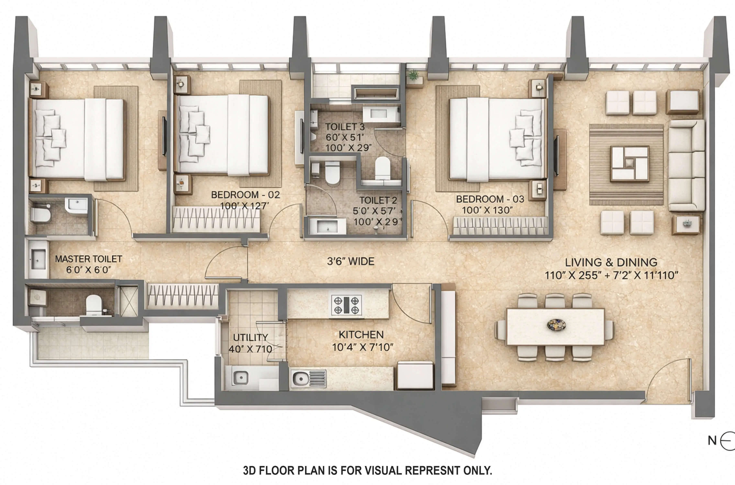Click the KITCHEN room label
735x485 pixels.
(361, 335)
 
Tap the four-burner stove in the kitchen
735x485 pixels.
(346, 305)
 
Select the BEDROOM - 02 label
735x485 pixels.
(245, 195)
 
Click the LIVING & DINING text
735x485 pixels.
(611, 263)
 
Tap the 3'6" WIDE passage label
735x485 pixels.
(350, 262)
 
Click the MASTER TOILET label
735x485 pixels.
(88, 259)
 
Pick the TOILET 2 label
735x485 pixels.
(378, 200)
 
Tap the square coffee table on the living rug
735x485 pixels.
(629, 164)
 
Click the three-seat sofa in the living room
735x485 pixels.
(686, 165)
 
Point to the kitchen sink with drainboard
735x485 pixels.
(308, 379)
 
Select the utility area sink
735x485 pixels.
(240, 378)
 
